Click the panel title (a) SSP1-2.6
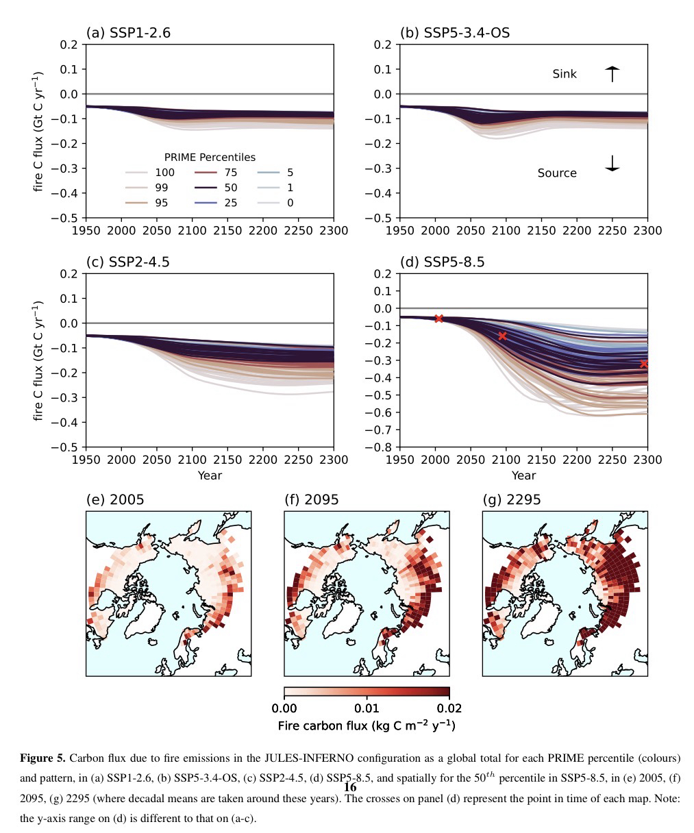click(x=128, y=32)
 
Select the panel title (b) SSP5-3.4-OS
click(x=454, y=32)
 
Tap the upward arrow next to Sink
click(x=612, y=73)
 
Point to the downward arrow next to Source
click(x=612, y=163)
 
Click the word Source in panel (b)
click(x=556, y=173)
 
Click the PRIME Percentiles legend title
click(x=209, y=158)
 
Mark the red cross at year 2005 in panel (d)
click(x=439, y=319)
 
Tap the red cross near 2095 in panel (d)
click(x=502, y=336)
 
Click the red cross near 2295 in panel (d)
click(x=643, y=364)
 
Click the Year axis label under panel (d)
click(x=523, y=475)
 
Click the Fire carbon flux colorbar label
click(x=367, y=725)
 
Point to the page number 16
click(x=350, y=787)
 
